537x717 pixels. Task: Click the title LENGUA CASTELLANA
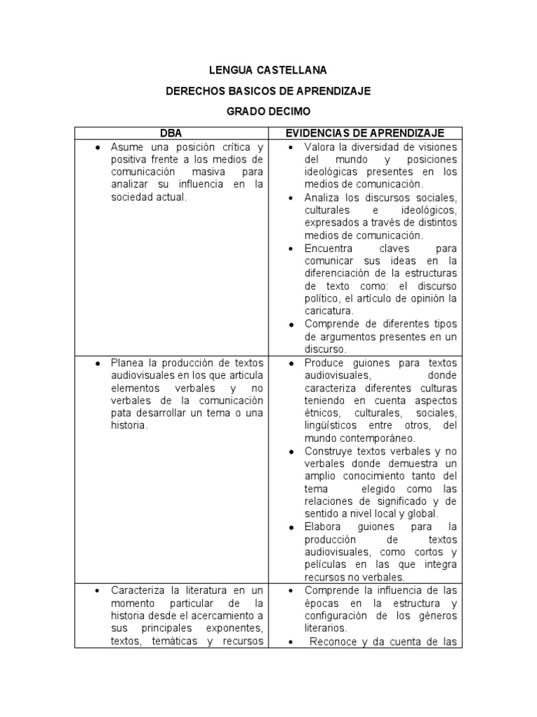[268, 71]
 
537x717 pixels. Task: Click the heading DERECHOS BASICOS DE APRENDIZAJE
[268, 91]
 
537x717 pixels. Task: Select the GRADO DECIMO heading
[268, 111]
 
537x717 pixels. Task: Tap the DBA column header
[171, 133]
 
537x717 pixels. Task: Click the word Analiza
[322, 197]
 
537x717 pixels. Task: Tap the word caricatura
[328, 311]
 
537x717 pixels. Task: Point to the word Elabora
[322, 526]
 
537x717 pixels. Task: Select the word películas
[326, 564]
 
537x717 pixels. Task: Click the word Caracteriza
[138, 590]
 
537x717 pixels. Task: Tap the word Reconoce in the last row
[332, 641]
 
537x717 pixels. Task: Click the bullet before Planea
[97, 363]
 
